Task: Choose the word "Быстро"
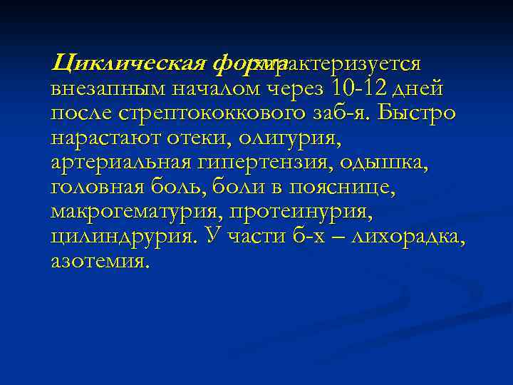click(422, 114)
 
